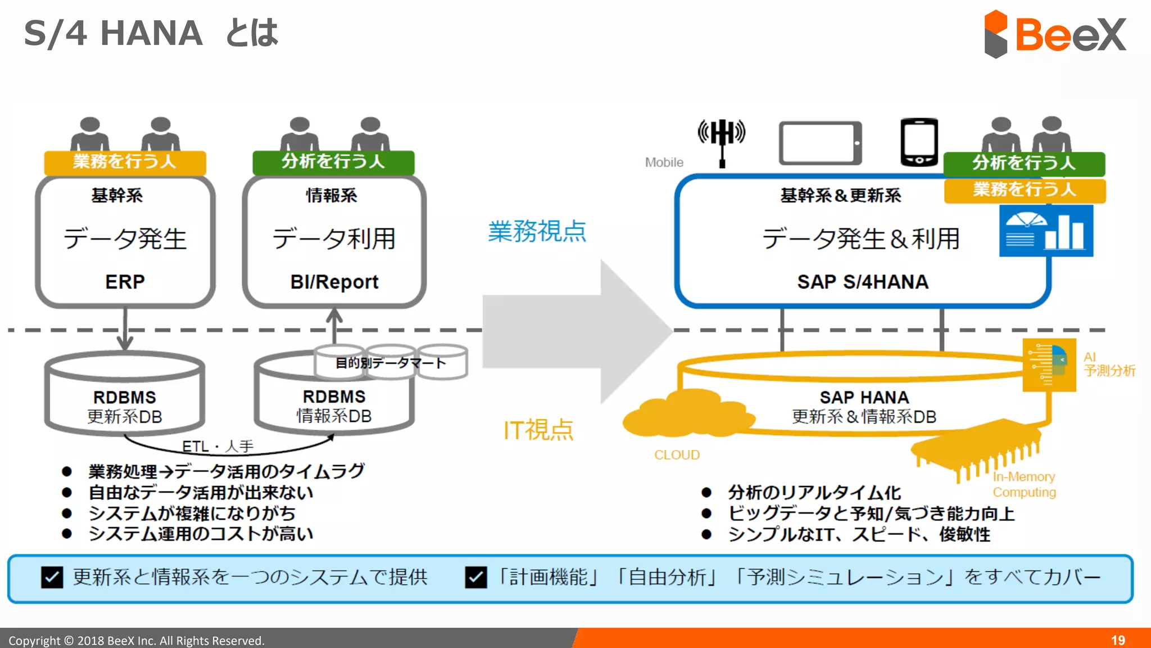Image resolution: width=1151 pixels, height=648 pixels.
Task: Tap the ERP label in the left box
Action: pyautogui.click(x=125, y=281)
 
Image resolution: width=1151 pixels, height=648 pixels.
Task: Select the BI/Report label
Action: pyautogui.click(x=334, y=281)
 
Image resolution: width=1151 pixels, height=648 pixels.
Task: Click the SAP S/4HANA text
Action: pyautogui.click(x=862, y=281)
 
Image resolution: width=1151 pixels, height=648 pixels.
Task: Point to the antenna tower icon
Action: pyautogui.click(x=722, y=141)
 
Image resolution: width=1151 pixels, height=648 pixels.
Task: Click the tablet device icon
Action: pyautogui.click(x=820, y=143)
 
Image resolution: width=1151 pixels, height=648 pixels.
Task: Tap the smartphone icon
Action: pyautogui.click(x=919, y=142)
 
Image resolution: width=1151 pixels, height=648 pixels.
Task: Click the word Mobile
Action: pyautogui.click(x=664, y=163)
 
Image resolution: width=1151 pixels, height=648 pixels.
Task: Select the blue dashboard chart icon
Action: pyautogui.click(x=1046, y=231)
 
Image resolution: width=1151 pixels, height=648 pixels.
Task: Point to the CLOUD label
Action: pyautogui.click(x=677, y=454)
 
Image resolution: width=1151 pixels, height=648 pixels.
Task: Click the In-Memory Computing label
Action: pyautogui.click(x=1024, y=484)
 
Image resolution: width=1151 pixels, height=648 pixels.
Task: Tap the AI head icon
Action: pyautogui.click(x=1049, y=364)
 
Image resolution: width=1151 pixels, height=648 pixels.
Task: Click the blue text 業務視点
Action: pyautogui.click(x=537, y=231)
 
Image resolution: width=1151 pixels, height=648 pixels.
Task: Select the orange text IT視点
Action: pyautogui.click(x=538, y=430)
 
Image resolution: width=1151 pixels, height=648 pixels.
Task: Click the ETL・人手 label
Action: pyautogui.click(x=217, y=446)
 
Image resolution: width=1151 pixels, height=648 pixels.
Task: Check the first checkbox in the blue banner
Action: pyautogui.click(x=52, y=577)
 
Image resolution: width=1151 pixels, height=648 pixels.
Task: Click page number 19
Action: pyautogui.click(x=1118, y=640)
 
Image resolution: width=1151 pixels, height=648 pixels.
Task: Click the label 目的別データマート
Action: pyautogui.click(x=391, y=363)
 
